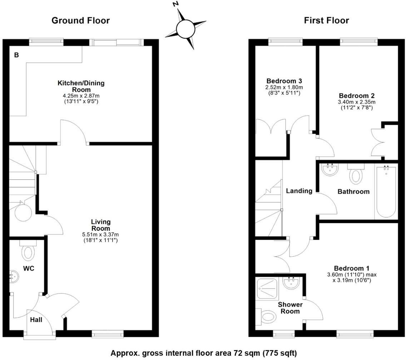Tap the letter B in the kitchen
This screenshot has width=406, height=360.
(x=16, y=55)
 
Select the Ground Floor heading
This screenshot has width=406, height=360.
(x=80, y=20)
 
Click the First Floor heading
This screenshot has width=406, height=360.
(x=326, y=20)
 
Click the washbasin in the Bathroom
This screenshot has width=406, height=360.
(x=330, y=170)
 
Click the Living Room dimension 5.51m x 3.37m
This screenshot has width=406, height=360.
(x=100, y=235)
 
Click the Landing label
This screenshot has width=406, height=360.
(x=299, y=191)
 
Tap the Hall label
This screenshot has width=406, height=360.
(x=36, y=320)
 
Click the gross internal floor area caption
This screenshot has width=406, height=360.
(x=203, y=353)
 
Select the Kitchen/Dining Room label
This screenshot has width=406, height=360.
(x=81, y=86)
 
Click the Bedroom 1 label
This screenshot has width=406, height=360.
(x=352, y=268)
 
